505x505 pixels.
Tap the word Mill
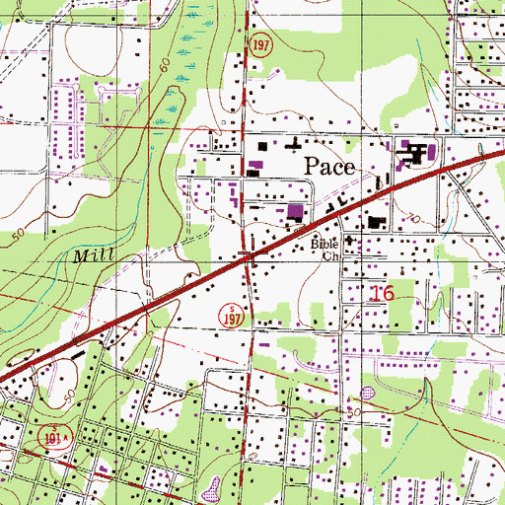pos(93,254)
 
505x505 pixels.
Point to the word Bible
pos(324,243)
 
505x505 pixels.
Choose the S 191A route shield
pos(57,434)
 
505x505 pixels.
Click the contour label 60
pos(162,67)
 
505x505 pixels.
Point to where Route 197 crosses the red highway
pos(250,258)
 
